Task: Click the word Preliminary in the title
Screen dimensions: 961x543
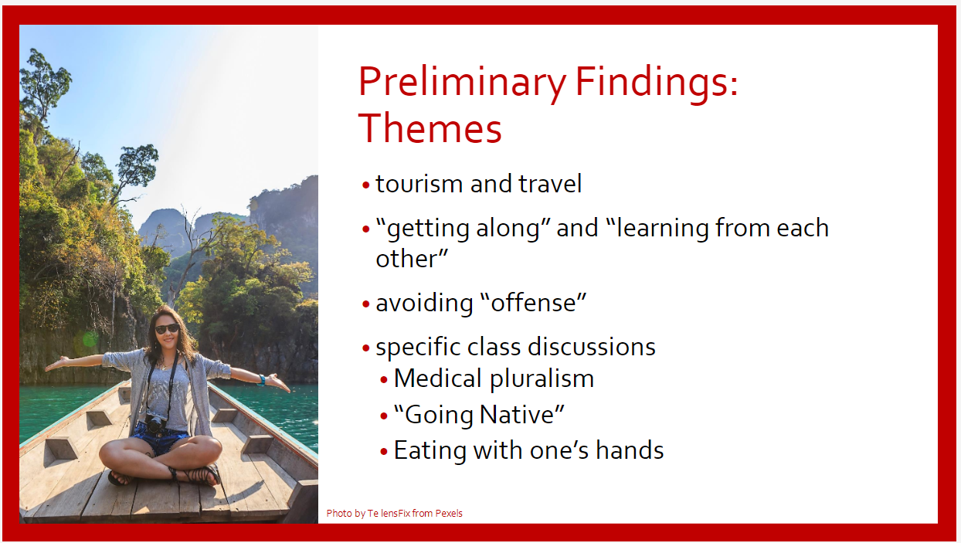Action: pyautogui.click(x=462, y=83)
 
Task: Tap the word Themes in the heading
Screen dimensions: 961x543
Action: pyautogui.click(x=430, y=127)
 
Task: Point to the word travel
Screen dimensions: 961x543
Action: pyautogui.click(x=550, y=183)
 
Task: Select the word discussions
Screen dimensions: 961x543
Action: pyautogui.click(x=591, y=346)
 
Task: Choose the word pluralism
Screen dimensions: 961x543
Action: pyautogui.click(x=542, y=379)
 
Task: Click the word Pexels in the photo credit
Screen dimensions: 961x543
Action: pyautogui.click(x=449, y=514)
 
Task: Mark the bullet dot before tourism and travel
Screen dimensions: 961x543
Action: pyautogui.click(x=366, y=185)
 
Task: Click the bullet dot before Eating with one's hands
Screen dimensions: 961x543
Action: pyautogui.click(x=384, y=452)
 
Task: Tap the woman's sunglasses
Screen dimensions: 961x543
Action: pyautogui.click(x=167, y=328)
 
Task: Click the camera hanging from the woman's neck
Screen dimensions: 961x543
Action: pyautogui.click(x=155, y=423)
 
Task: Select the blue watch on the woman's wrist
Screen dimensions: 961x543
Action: pyautogui.click(x=262, y=379)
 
